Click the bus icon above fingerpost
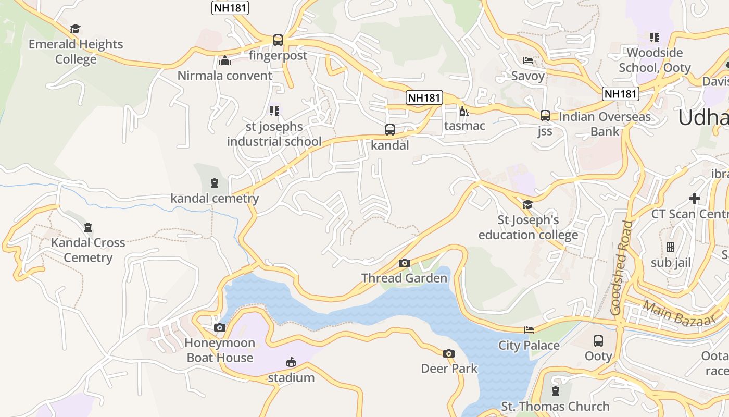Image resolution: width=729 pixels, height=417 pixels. [x=278, y=40]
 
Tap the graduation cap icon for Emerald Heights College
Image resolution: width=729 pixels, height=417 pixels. [x=76, y=29]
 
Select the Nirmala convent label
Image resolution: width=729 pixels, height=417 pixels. [x=225, y=76]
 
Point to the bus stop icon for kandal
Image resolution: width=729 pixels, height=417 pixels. [x=389, y=130]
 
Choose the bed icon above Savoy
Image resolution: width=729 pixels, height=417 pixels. [x=528, y=60]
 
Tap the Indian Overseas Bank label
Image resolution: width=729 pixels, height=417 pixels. [x=605, y=124]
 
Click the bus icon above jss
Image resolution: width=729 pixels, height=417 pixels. [x=545, y=116]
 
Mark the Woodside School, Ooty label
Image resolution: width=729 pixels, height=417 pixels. [x=655, y=60]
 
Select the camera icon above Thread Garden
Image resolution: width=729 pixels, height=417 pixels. [x=405, y=263]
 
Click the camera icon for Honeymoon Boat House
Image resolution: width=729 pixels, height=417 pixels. [x=220, y=327]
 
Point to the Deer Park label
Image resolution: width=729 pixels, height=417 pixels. [x=449, y=369]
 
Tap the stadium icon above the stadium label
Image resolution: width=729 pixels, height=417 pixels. [x=291, y=362]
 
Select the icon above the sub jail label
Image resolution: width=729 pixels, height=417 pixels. [x=671, y=247]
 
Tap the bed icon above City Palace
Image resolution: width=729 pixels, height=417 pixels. [x=529, y=330]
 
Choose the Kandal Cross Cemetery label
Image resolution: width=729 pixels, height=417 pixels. [x=88, y=250]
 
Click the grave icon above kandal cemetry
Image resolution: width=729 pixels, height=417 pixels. [x=214, y=183]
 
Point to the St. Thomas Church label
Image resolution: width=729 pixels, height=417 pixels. [x=555, y=406]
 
